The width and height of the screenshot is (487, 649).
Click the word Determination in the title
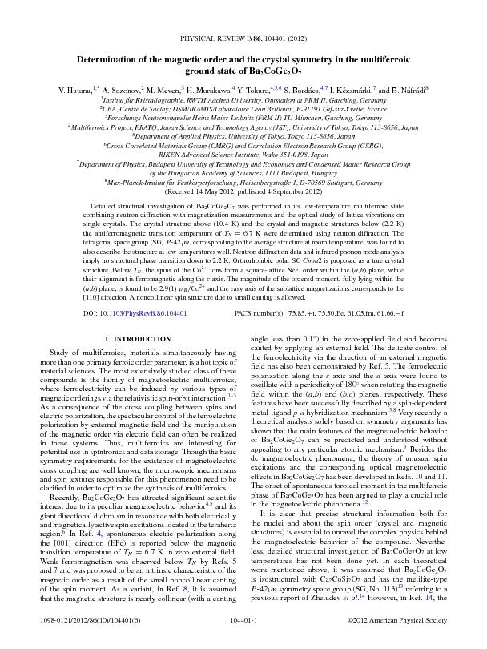click(x=109, y=60)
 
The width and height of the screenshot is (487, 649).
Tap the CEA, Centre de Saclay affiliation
click(x=243, y=107)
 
